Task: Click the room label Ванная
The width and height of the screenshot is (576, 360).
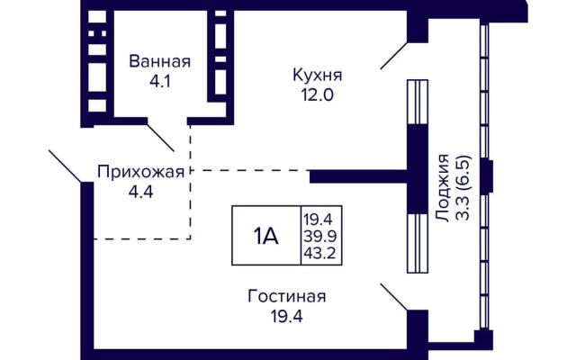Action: (x=160, y=61)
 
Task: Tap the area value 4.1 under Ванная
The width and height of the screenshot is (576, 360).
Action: (x=160, y=81)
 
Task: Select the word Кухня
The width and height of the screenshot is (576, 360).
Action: (x=318, y=75)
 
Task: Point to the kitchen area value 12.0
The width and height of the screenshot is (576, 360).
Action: (x=318, y=95)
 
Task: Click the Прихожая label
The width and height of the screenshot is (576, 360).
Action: (x=140, y=172)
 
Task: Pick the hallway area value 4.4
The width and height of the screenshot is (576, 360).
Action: (x=140, y=192)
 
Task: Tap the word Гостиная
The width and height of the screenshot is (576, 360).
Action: (x=287, y=296)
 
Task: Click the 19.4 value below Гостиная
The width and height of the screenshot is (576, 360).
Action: (x=287, y=316)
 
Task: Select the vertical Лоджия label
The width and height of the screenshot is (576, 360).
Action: (x=443, y=188)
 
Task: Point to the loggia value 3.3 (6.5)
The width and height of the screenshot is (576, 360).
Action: (x=463, y=188)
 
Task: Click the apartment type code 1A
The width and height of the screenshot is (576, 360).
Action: (x=265, y=236)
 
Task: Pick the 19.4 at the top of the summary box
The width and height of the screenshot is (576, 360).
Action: (x=318, y=220)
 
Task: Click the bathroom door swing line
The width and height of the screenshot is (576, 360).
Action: (x=160, y=138)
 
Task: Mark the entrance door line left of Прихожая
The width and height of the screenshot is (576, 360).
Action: (x=65, y=166)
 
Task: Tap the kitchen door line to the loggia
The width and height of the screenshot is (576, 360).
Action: (x=394, y=56)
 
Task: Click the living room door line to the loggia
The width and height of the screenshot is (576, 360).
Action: (x=394, y=297)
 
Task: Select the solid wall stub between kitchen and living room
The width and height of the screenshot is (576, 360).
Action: (x=358, y=176)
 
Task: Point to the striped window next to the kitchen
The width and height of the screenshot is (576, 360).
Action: (x=418, y=102)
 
